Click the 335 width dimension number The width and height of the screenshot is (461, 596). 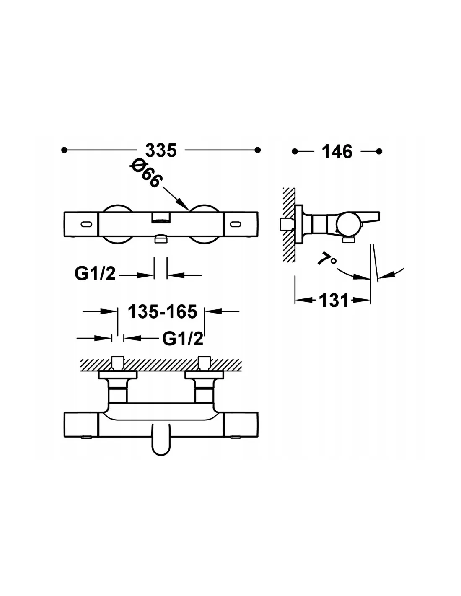pos(161,150)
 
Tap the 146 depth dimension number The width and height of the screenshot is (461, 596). pos(337,152)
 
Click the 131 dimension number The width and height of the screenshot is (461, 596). pos(334,301)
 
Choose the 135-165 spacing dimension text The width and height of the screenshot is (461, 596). pos(163,311)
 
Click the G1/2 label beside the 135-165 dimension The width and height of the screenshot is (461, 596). pos(183,339)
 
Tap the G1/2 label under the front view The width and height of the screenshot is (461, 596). pos(95,273)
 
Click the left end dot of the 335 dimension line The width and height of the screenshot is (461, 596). pos(64,150)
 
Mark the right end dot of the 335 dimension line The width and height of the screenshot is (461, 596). pos(257,150)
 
